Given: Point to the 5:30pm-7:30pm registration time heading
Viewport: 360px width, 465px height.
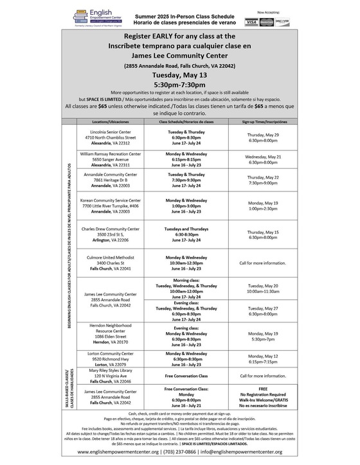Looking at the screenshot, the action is [180, 85].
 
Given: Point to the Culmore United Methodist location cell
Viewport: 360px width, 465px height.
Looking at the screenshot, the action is [107, 263].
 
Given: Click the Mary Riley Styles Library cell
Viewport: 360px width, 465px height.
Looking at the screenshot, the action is [107, 376].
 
